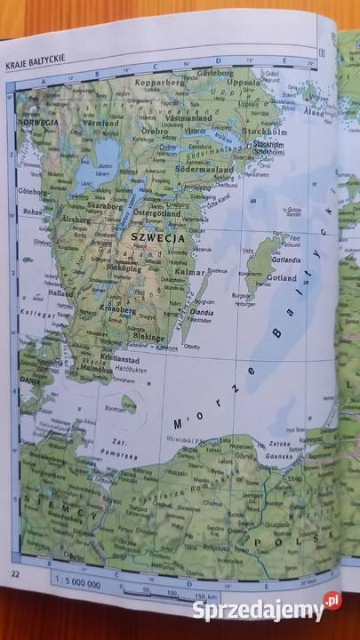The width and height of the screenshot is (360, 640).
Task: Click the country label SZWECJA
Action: click(157, 238)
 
